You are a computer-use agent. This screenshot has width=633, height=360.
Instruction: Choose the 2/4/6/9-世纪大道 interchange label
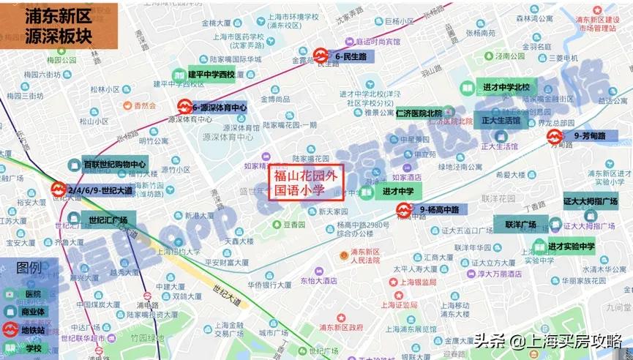100,190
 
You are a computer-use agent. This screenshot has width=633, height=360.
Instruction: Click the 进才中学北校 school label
506,88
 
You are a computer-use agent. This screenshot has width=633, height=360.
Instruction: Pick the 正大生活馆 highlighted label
501,120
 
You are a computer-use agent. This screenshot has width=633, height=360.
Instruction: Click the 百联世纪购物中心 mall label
114,164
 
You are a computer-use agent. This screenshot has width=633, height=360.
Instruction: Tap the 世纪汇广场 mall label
108,220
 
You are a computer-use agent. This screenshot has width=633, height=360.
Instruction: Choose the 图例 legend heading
29,267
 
